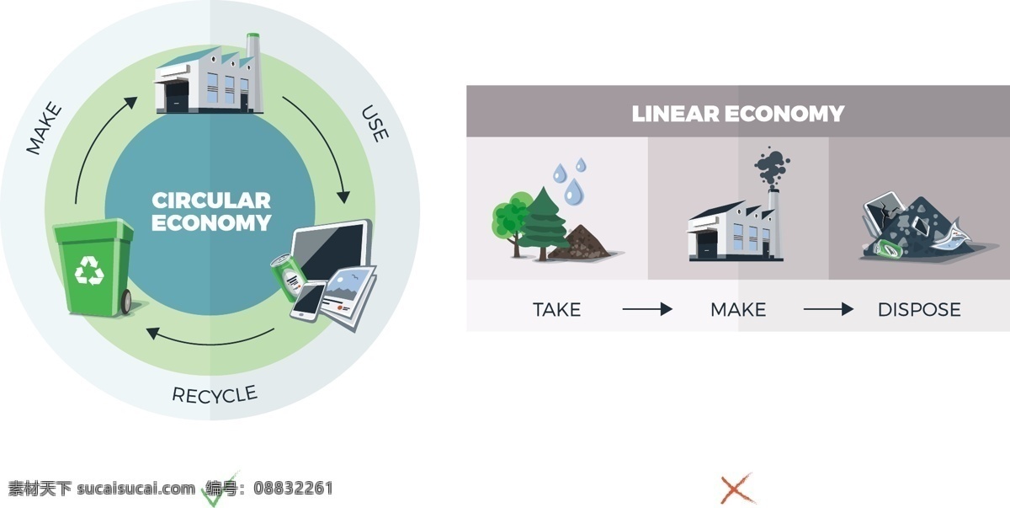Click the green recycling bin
coord(94,268)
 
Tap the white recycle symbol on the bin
coord(89,270)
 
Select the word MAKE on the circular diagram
coord(44,128)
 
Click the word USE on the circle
coord(375,123)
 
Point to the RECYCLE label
coord(215,395)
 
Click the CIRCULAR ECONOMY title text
coord(211,211)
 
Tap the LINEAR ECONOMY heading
coord(737,113)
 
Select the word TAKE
coord(557,310)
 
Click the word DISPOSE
coord(919,310)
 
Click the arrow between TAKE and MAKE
coord(647,309)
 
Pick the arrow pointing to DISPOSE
coord(828,309)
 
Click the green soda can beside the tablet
coord(287,276)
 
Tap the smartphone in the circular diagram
coord(308,302)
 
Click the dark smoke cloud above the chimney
coord(772,166)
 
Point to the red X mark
coord(736,489)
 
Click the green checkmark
coord(217,491)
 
